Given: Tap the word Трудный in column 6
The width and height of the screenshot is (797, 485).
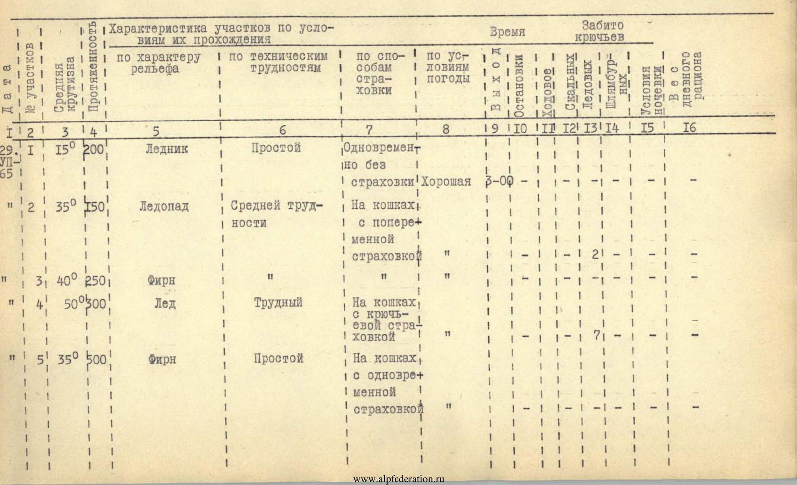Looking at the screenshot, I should (277, 303).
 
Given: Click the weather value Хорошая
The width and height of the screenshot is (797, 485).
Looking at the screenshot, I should (446, 182).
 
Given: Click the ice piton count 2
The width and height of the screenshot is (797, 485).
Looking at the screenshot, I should (595, 255).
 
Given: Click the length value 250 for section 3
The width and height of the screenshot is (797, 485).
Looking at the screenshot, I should (95, 280).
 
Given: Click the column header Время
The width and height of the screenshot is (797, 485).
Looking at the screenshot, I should (507, 32).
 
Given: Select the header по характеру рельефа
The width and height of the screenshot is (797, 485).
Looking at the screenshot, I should (158, 63).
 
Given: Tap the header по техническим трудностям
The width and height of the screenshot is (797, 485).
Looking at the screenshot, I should (278, 63).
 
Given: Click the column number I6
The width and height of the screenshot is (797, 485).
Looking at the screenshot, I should (689, 128).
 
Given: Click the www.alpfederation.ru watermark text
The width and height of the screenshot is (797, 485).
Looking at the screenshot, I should (398, 479).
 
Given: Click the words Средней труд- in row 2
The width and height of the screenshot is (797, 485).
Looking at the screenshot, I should (277, 206).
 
